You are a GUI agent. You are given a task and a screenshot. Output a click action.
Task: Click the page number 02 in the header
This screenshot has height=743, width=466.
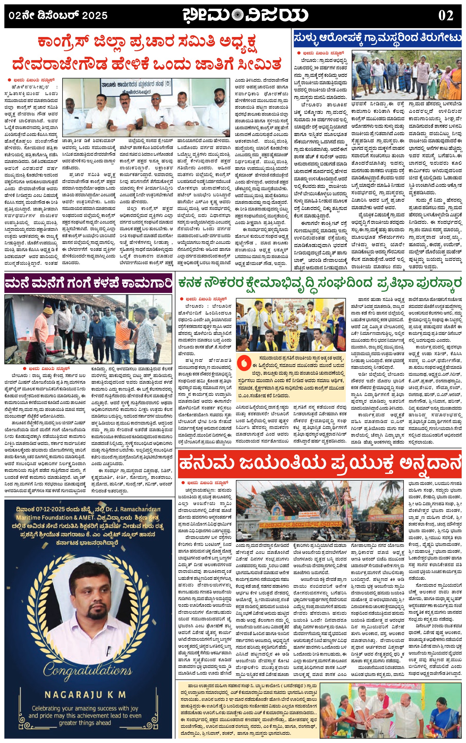tap(445, 15)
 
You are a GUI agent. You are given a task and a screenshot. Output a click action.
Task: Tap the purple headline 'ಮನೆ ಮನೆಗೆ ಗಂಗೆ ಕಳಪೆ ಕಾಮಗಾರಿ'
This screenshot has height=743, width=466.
tap(88, 283)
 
